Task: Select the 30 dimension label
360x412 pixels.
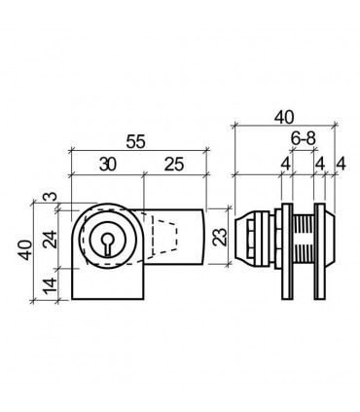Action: tap(108, 165)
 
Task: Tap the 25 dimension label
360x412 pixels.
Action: tap(174, 165)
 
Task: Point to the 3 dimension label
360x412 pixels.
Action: tap(51, 197)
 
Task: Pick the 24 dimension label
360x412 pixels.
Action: tap(51, 240)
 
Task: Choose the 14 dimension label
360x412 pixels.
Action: tap(51, 286)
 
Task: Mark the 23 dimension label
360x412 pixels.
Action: tap(221, 236)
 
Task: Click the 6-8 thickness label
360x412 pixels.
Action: tap(304, 139)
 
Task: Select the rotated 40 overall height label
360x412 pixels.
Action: tap(26, 250)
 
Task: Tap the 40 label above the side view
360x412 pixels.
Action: tap(284, 117)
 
